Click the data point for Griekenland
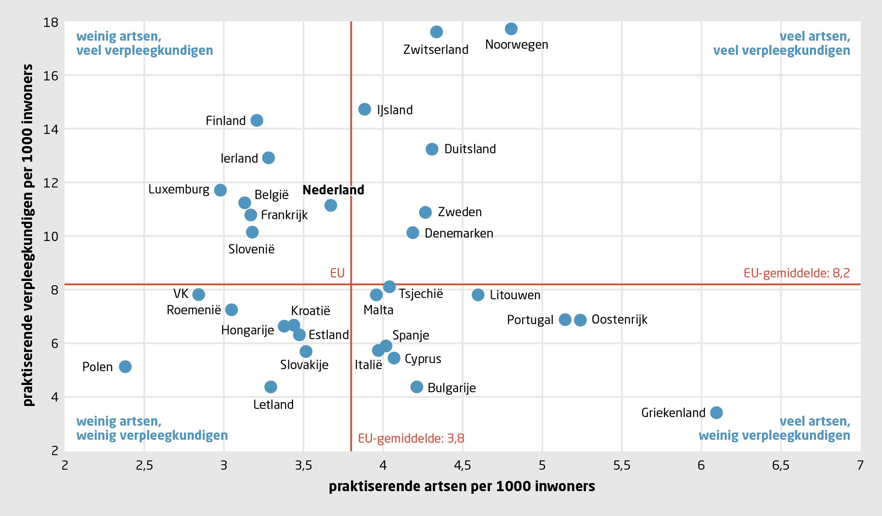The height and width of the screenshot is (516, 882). pos(716,413)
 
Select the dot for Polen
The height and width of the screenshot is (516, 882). pos(125,367)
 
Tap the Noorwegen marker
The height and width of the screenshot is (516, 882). pos(511,29)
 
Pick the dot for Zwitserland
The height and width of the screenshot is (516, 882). pos(436,32)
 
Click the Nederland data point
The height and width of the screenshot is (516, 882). pos(330,206)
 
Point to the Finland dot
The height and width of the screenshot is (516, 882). pos(257,120)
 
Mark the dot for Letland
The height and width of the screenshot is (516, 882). pos(271,387)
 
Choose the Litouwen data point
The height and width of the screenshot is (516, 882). pos(478,295)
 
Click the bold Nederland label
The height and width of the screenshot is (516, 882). pos(333,190)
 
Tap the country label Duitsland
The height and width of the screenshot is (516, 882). pos(470,149)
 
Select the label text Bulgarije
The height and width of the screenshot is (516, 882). pos(452,388)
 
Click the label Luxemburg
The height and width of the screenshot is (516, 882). pos(179,189)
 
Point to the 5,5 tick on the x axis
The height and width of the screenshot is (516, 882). pos(622,465)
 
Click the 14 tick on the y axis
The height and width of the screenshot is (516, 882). pos(51,129)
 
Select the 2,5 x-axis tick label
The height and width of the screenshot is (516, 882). pos(144,465)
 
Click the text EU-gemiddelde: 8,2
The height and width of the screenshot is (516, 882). pos(796,273)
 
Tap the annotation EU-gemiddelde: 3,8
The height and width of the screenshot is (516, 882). pos(411,438)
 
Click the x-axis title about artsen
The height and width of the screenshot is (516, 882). pos(462,486)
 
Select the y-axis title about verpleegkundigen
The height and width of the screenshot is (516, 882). pos(28,235)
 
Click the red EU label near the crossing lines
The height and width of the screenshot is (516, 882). pos(337,273)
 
